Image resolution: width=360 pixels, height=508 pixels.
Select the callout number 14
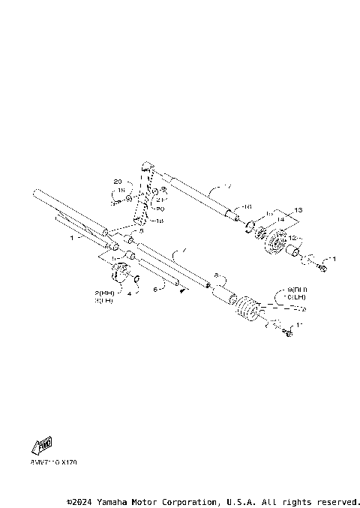[x=282, y=218]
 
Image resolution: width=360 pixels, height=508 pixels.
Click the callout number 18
[x=159, y=222]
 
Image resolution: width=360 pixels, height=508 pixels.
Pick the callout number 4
[x=129, y=294]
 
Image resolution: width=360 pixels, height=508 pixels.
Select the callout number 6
[x=155, y=287]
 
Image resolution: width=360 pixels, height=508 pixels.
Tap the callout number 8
[x=216, y=275]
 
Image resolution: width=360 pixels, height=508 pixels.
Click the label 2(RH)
[x=104, y=291]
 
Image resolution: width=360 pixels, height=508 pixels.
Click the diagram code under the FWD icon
[x=54, y=463]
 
